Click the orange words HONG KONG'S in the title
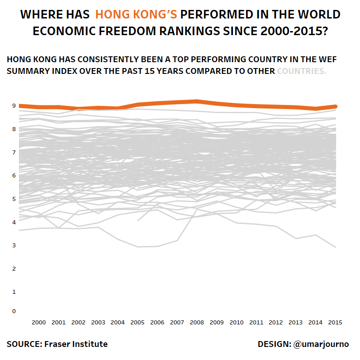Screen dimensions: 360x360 point(136,15)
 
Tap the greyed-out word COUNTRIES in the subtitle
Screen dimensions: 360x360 point(301,71)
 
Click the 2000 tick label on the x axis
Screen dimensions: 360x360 point(39,322)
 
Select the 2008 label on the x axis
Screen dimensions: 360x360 point(196,322)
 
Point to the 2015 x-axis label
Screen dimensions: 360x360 point(334,322)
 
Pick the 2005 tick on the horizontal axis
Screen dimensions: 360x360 point(137,322)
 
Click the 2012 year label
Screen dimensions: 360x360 point(275,322)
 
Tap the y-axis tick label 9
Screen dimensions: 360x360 point(14,106)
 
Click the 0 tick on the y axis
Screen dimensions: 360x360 point(14,311)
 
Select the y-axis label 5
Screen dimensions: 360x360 point(14,199)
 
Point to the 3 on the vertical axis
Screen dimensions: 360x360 point(14,246)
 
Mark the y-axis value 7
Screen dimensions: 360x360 point(14,152)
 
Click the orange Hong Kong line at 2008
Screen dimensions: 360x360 point(196,101)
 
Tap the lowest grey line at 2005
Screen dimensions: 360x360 point(137,247)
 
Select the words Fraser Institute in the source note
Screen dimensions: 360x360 point(76,344)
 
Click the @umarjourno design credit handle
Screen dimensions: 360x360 point(321,344)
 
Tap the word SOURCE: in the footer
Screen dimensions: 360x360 point(24,344)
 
